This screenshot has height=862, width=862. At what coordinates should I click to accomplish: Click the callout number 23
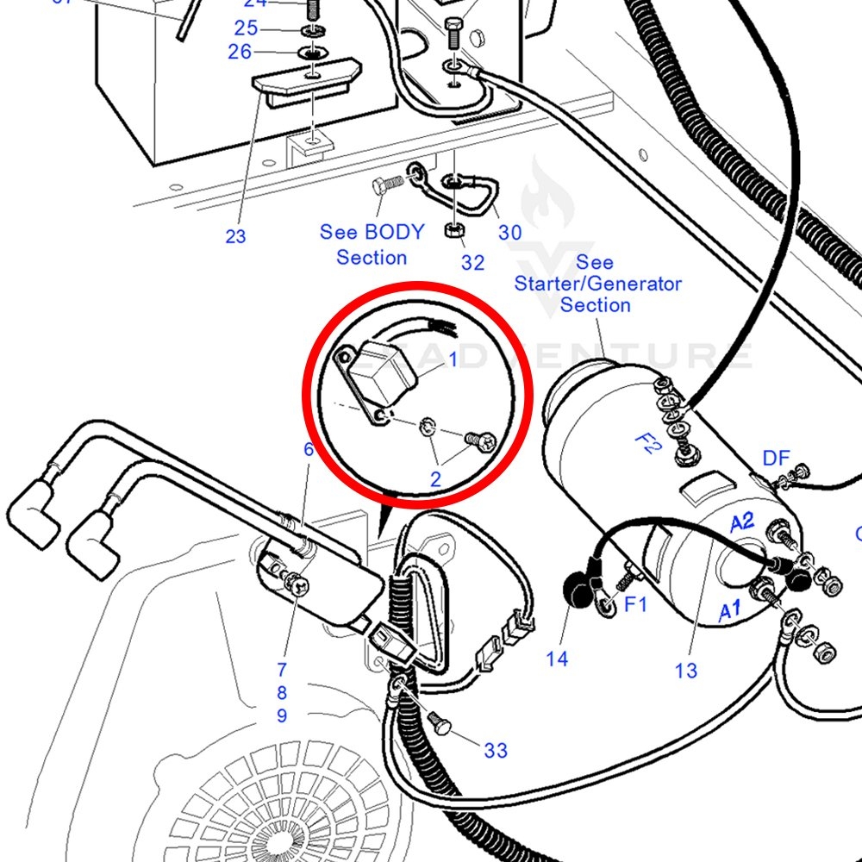click(x=235, y=236)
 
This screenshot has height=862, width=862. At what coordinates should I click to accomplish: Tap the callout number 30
click(x=509, y=233)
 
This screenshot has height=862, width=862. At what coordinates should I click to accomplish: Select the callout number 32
click(x=472, y=262)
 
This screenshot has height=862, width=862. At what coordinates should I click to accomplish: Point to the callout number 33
click(x=496, y=751)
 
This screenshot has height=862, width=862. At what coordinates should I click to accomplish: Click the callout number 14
click(x=557, y=659)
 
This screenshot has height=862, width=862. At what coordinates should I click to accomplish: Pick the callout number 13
click(x=686, y=670)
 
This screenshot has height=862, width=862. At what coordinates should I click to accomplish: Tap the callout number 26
click(x=240, y=52)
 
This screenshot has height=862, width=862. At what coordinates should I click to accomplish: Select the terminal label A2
click(x=742, y=522)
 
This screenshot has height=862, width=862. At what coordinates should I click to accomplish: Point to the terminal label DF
click(x=776, y=459)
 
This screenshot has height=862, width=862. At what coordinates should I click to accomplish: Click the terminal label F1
click(x=635, y=604)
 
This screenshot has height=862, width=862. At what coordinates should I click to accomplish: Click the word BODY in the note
click(x=395, y=232)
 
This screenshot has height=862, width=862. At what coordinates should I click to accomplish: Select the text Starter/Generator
click(x=597, y=284)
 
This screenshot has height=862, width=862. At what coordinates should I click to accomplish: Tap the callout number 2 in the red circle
click(x=435, y=478)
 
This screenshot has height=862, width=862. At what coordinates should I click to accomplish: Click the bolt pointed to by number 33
click(x=440, y=725)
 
